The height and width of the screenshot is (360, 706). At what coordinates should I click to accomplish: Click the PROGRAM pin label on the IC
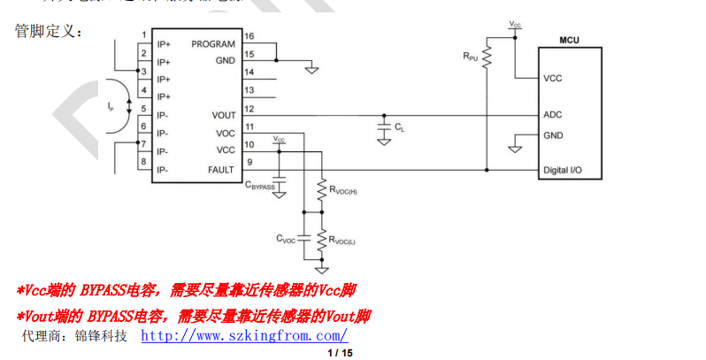click(213, 44)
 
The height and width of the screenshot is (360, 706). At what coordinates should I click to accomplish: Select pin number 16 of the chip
click(249, 36)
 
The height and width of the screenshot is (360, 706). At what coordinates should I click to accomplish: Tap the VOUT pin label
click(224, 115)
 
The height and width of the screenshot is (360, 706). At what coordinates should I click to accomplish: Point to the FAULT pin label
click(221, 169)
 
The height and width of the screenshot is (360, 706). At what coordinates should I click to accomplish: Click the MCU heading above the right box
click(570, 41)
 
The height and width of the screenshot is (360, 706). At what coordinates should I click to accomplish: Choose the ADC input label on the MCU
click(553, 115)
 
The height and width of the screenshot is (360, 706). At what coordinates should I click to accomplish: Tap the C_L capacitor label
click(400, 130)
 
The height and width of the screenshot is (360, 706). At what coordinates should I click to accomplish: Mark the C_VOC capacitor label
click(286, 239)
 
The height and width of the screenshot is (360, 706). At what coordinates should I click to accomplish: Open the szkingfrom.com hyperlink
click(244, 336)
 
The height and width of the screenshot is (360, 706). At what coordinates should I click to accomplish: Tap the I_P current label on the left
click(110, 107)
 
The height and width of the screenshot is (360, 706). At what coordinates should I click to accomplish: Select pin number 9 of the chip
click(249, 162)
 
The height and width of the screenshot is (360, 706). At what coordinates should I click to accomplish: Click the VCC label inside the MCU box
click(553, 78)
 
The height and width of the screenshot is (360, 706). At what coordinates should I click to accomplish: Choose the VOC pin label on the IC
click(226, 134)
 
